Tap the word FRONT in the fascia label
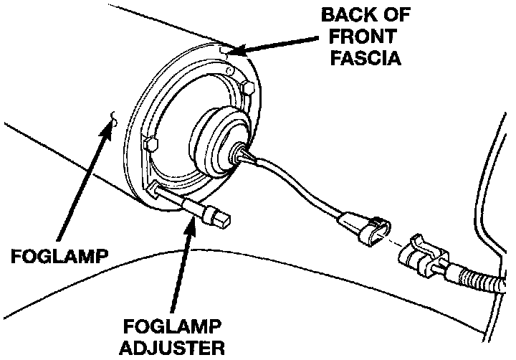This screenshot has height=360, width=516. click(x=364, y=36)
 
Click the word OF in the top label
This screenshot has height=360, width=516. click(x=385, y=15)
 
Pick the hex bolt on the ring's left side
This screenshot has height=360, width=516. click(x=150, y=143)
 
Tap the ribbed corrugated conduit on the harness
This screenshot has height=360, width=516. click(x=479, y=280)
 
